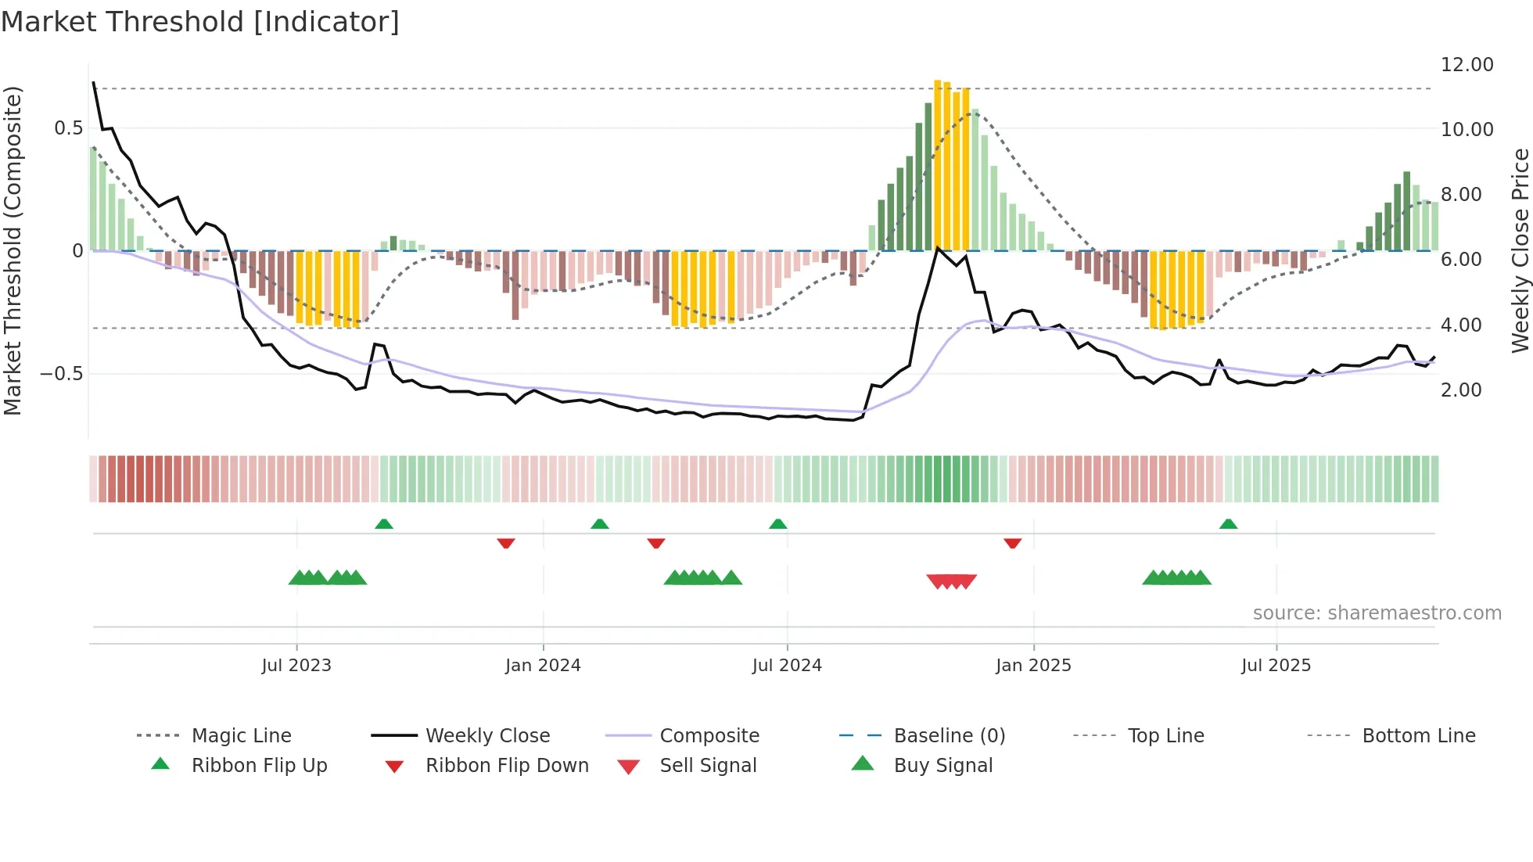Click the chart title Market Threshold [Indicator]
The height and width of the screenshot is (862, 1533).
point(200,22)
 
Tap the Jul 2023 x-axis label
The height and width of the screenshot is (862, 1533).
point(296,666)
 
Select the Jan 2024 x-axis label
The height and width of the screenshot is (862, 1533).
point(543,666)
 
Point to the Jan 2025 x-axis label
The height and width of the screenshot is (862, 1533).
point(1033,666)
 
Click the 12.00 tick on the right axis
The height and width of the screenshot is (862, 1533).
point(1467,65)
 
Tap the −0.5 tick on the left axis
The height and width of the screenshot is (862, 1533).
point(62,374)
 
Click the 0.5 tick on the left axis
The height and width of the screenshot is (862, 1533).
point(69,128)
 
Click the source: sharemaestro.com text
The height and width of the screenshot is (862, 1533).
point(1377,613)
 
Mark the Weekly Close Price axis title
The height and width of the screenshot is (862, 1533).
point(1520,250)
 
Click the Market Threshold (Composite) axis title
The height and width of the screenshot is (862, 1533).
point(13,250)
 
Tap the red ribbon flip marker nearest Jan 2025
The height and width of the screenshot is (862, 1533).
point(1012,543)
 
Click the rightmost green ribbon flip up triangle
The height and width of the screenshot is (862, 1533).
point(1228,524)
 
